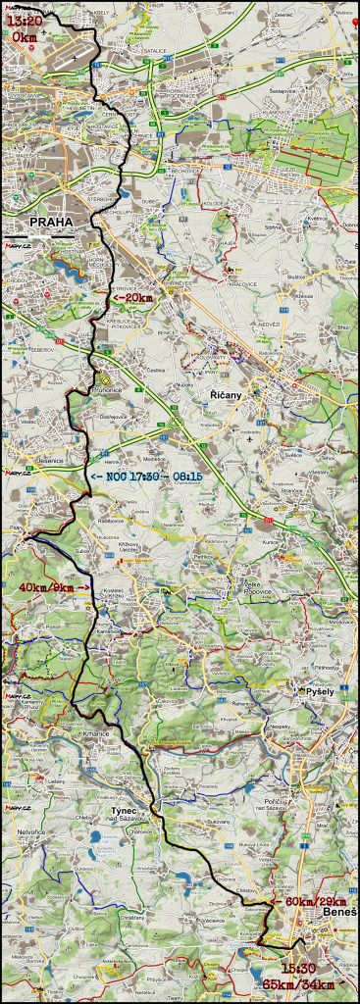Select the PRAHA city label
pyautogui.click(x=51, y=222)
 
